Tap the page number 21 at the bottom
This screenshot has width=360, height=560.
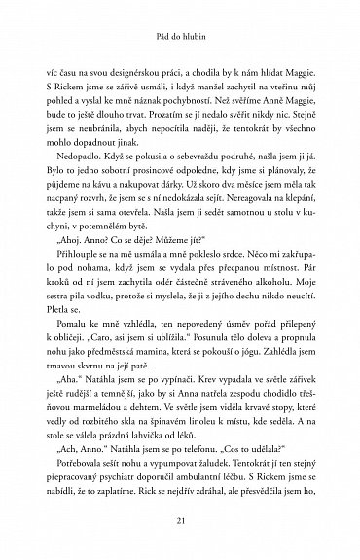point(180,523)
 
